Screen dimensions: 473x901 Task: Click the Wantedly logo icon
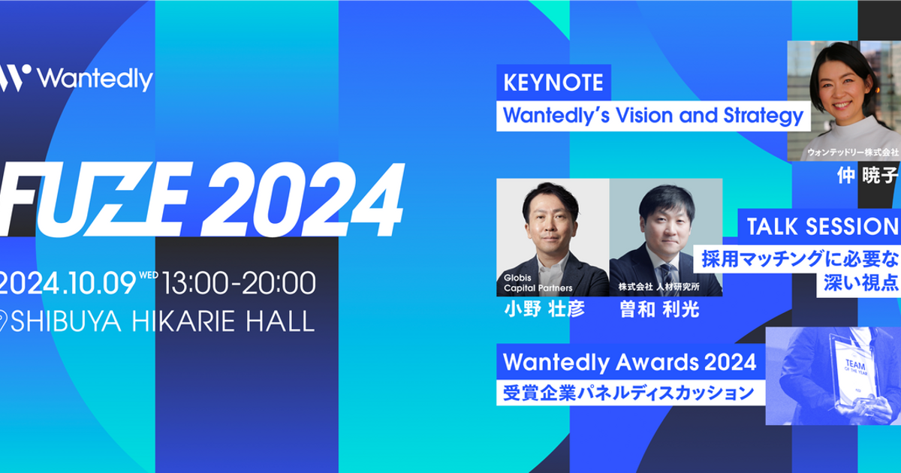click(x=15, y=78)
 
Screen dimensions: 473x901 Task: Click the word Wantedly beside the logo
click(x=95, y=79)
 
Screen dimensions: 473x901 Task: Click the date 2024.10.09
click(x=68, y=283)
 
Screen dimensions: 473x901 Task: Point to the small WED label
click(x=149, y=275)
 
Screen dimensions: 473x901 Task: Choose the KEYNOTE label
click(x=553, y=83)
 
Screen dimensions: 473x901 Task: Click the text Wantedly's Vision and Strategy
click(x=653, y=116)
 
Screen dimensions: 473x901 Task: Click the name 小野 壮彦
click(x=545, y=309)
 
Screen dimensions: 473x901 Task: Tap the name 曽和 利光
click(x=658, y=309)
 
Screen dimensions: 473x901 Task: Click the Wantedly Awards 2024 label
click(x=629, y=363)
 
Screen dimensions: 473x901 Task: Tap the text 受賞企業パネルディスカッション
click(x=628, y=393)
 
